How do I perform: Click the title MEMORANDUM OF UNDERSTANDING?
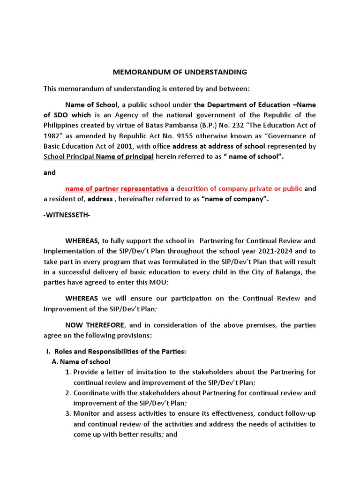coord(180,72)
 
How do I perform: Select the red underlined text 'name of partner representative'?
coord(117,188)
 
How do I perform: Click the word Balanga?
coord(285,272)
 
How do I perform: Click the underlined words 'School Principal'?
coord(68,157)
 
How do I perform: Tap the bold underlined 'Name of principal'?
coord(125,157)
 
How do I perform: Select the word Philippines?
coord(64,125)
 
